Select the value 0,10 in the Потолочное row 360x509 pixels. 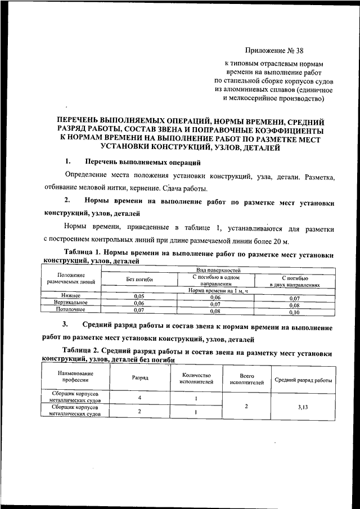coord(294,310)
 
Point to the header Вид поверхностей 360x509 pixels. coord(217,271)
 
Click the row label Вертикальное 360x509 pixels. coord(71,303)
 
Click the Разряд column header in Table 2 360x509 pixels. coord(139,378)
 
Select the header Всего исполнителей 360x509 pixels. coord(247,379)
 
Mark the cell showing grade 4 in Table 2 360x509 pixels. coord(139,397)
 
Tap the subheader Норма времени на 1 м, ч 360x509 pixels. coord(217,290)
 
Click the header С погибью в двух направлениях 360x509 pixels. coord(294,281)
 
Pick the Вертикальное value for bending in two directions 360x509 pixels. coord(294,304)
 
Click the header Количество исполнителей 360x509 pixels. coord(196,379)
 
